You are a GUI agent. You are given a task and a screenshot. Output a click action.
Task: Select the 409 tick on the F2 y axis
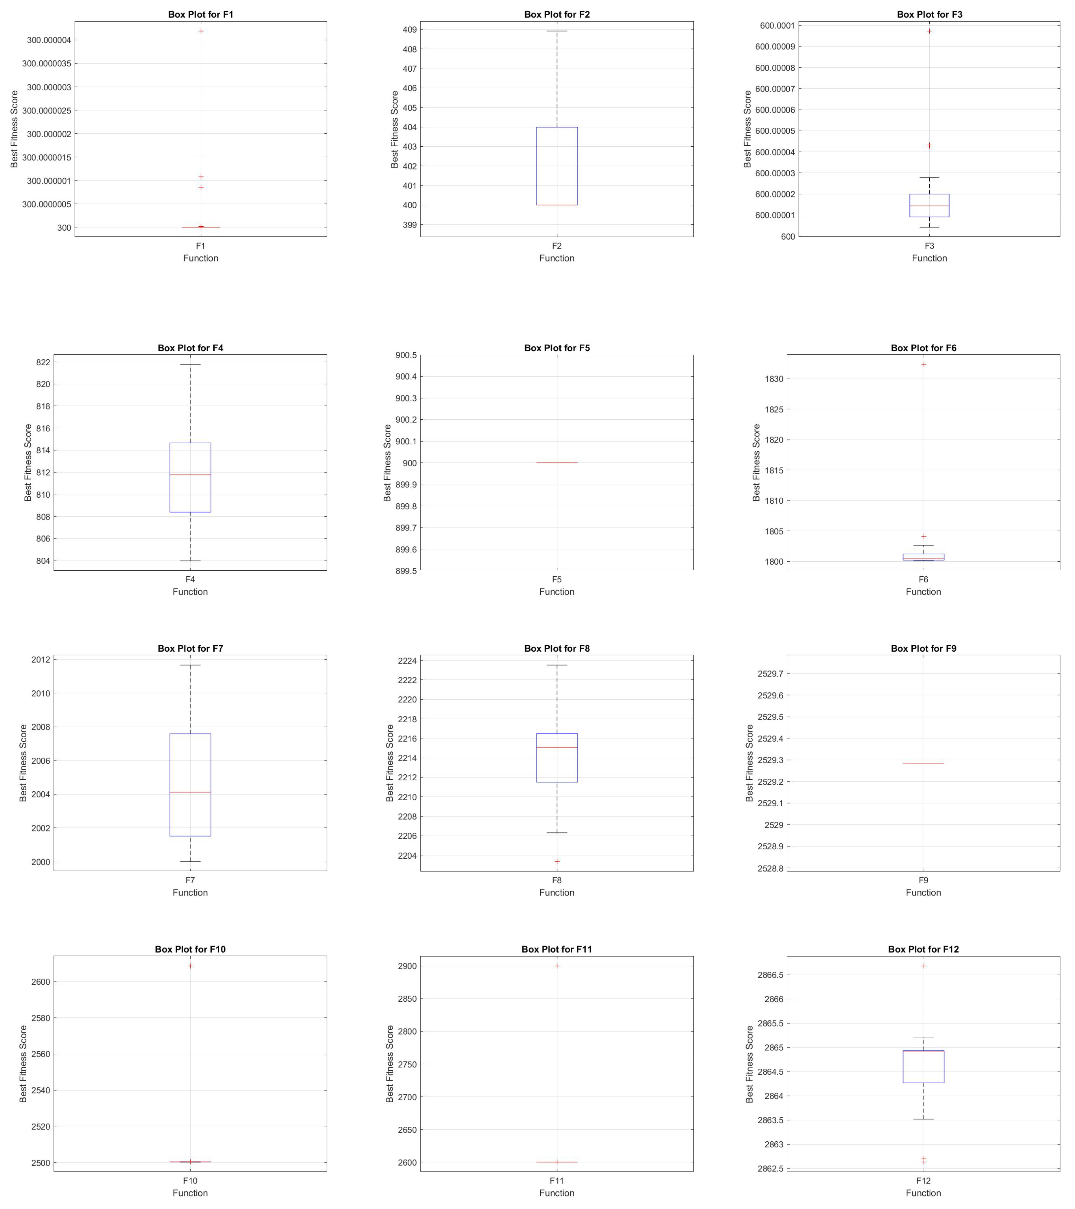point(409,30)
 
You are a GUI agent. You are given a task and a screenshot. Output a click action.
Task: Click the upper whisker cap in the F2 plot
point(557,31)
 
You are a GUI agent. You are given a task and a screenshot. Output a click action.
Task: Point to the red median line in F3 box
point(929,206)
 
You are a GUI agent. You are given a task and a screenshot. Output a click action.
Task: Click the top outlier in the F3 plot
point(929,31)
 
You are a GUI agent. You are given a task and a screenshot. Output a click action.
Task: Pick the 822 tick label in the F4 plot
point(43,362)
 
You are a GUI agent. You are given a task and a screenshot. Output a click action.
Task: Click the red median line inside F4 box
point(190,474)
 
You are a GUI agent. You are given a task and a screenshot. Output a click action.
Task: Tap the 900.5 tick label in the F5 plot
point(406,355)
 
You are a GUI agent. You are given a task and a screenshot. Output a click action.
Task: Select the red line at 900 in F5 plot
point(557,462)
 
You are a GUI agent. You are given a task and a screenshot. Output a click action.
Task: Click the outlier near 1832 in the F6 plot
point(924,364)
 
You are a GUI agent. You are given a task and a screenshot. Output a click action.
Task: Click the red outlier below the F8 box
point(557,861)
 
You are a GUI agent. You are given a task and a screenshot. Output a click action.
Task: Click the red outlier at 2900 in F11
point(557,966)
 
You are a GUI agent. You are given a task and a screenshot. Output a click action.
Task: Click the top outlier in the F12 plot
point(924,966)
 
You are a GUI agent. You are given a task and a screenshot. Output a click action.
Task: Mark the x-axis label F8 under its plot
point(557,880)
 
